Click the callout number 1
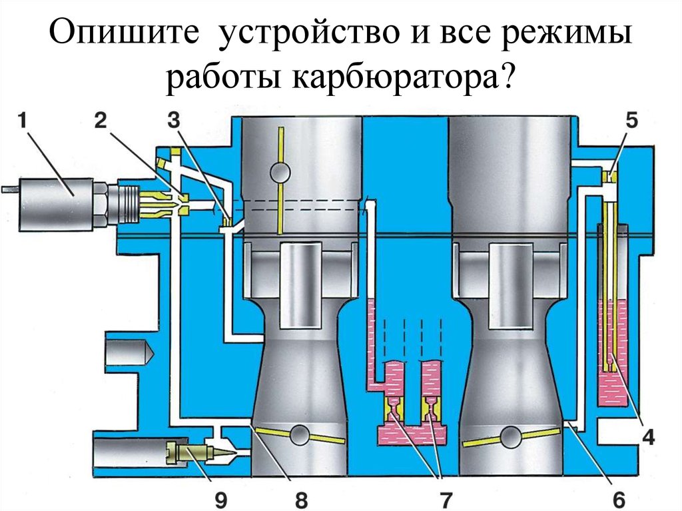pos(23,121)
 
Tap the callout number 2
pos(101,121)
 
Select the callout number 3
pos(174,121)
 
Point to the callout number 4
pos(649,437)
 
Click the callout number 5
pos(631,121)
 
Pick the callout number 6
pos(619,500)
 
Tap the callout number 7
pos(446,500)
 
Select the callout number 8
pos(302,500)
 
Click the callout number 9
pos(221,500)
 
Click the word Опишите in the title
pos(125,33)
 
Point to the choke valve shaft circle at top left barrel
pos(280,173)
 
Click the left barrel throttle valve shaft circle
pos(300,434)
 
